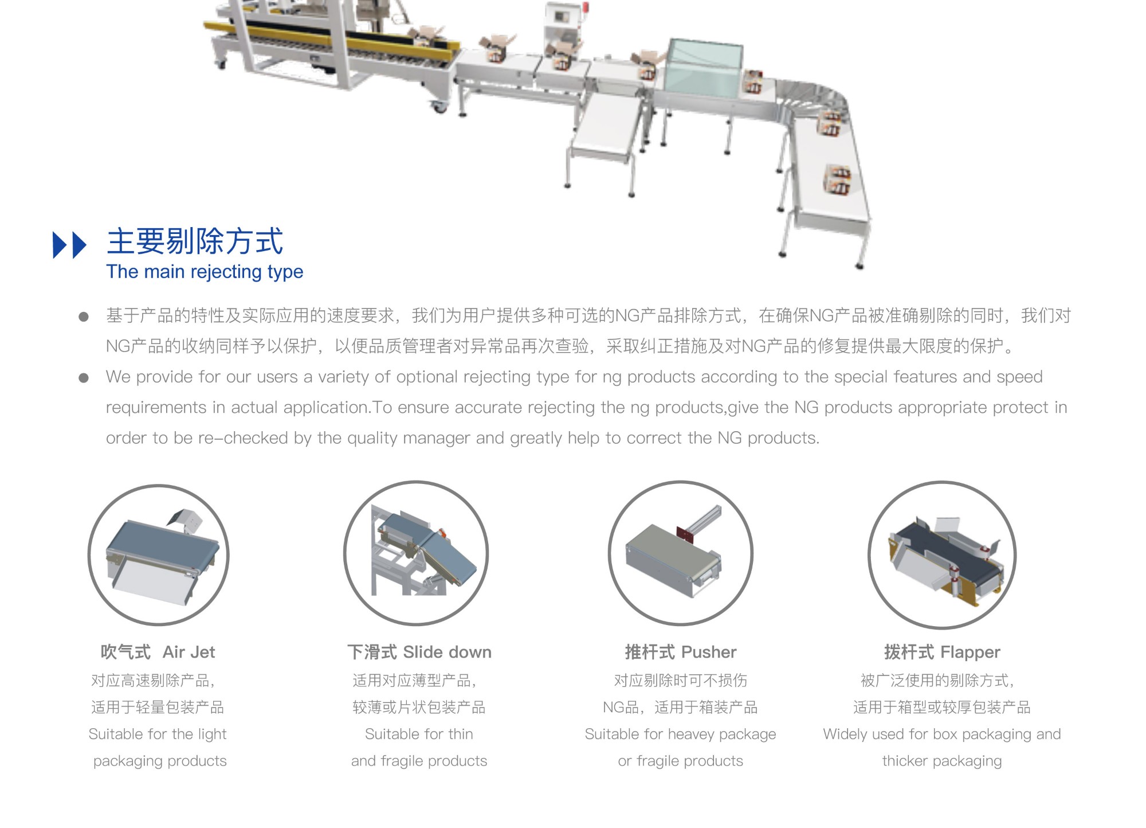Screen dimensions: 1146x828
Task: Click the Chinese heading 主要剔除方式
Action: (x=195, y=241)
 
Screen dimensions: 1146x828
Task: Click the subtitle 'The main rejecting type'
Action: (x=205, y=272)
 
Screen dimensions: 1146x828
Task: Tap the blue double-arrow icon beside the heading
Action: (x=69, y=245)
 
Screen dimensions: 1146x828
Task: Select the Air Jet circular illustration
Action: (x=159, y=554)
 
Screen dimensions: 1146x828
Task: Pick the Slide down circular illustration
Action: (x=416, y=553)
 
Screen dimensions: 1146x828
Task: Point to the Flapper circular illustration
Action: (x=942, y=554)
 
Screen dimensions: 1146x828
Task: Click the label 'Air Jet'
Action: (x=189, y=652)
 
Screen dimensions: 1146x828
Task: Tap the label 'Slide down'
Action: (x=448, y=652)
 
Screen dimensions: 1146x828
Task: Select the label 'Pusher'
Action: (x=709, y=652)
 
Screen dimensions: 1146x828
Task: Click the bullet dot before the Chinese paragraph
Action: (x=84, y=317)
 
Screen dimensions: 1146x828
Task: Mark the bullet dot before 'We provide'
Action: (x=84, y=378)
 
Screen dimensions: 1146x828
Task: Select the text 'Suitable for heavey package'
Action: (x=681, y=735)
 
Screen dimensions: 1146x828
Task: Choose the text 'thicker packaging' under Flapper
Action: (x=942, y=761)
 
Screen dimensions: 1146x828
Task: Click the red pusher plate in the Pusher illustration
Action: (x=685, y=535)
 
